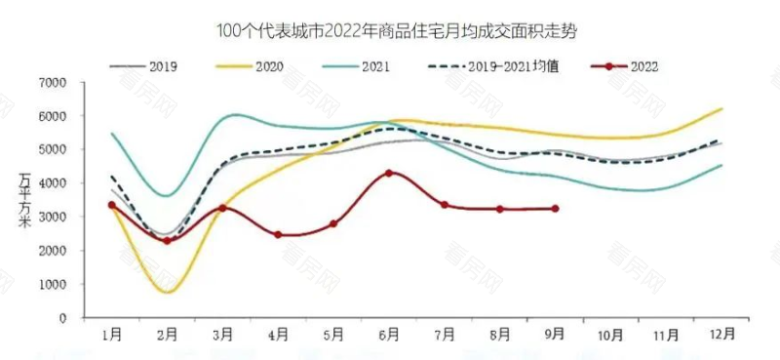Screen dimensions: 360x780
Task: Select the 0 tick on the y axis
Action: coord(62,318)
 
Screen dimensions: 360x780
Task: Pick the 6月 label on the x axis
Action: coord(389,335)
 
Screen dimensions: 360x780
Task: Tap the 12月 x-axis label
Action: coord(719,335)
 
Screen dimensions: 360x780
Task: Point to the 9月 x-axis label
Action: coord(555,335)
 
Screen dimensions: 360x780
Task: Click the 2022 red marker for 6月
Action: coord(389,173)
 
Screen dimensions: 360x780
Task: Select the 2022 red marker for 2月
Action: coord(168,240)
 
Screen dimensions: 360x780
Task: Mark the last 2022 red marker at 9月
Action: coord(555,209)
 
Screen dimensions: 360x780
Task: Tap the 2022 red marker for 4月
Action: coord(278,235)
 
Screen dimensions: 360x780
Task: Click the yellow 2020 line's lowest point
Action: coord(168,292)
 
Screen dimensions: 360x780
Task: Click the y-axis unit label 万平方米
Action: coord(24,200)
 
